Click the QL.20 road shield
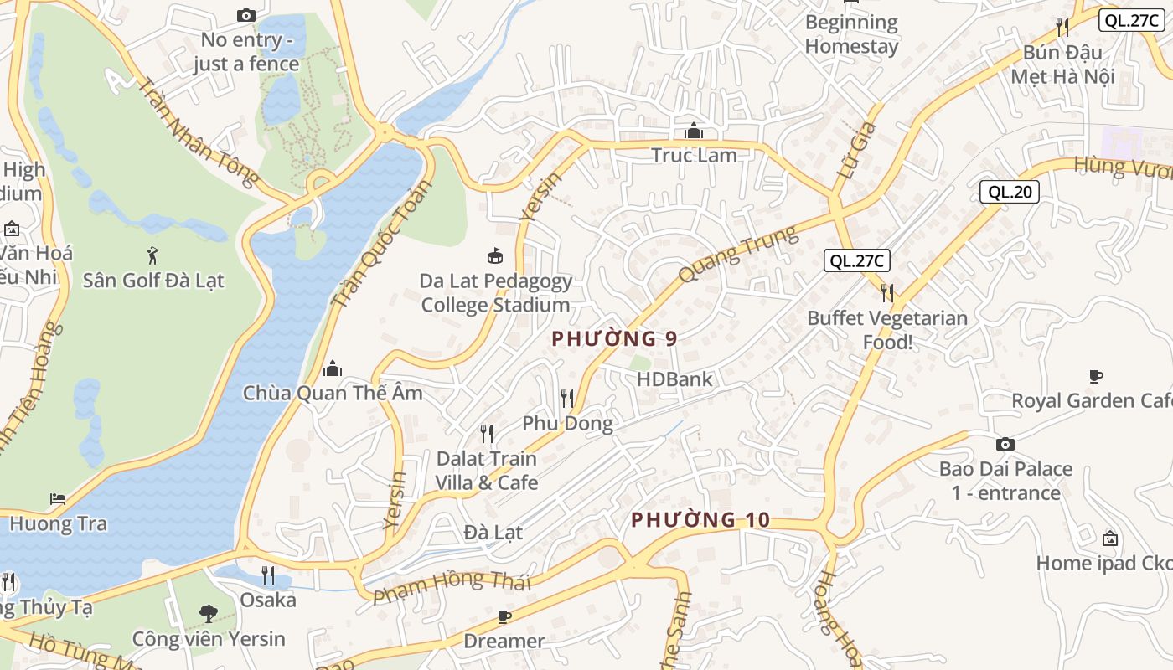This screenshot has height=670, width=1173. tap(1010, 192)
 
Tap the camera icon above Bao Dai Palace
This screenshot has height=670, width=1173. tap(1005, 444)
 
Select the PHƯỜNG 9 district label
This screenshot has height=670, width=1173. tap(614, 339)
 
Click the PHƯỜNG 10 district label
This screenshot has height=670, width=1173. tap(700, 520)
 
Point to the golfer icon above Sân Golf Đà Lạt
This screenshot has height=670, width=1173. tap(152, 255)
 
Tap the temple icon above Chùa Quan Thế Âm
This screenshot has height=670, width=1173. tap(333, 368)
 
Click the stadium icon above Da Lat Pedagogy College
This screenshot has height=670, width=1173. tap(495, 255)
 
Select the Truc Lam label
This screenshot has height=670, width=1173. tap(694, 155)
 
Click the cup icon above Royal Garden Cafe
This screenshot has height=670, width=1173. tap(1095, 376)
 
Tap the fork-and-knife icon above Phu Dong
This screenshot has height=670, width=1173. tap(567, 398)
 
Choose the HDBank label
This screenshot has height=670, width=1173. tap(674, 379)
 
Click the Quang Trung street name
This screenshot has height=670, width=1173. tap(737, 254)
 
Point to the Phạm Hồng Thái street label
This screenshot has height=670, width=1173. tap(452, 586)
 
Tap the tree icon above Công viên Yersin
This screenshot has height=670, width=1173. tap(208, 614)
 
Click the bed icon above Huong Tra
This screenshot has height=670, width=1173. tap(58, 499)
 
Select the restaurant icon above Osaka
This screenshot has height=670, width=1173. tap(268, 575)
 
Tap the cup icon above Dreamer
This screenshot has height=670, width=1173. tap(504, 616)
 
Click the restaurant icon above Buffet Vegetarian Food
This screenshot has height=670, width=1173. tap(886, 292)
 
